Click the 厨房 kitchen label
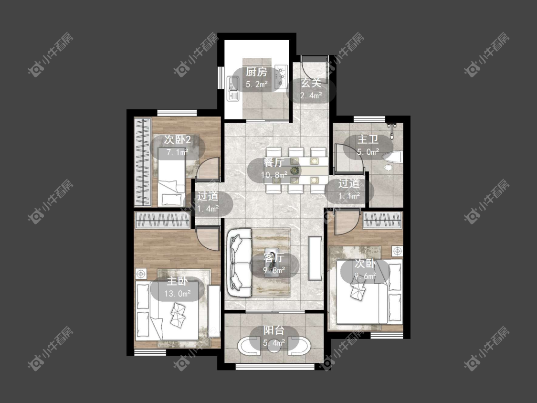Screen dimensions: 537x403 [x=256, y=72]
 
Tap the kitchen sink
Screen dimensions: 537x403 [x=233, y=88]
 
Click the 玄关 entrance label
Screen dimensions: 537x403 [x=311, y=83]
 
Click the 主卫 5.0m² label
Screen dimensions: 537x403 [x=368, y=146]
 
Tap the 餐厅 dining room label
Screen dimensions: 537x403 [x=274, y=162]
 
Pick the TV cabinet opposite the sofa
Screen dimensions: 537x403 [x=315, y=258]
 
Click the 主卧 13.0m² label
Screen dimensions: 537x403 [x=177, y=287]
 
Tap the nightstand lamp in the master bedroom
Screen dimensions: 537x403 [x=141, y=274]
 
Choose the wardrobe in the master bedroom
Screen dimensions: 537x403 [x=163, y=220]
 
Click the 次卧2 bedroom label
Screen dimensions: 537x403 [x=177, y=139]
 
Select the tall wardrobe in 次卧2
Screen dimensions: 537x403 [x=142, y=162]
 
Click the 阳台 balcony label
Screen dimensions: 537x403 [x=274, y=330]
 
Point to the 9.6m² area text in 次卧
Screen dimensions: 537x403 [x=365, y=276]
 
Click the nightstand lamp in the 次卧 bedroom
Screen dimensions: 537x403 [x=397, y=251]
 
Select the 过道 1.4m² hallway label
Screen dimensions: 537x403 [x=208, y=202]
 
